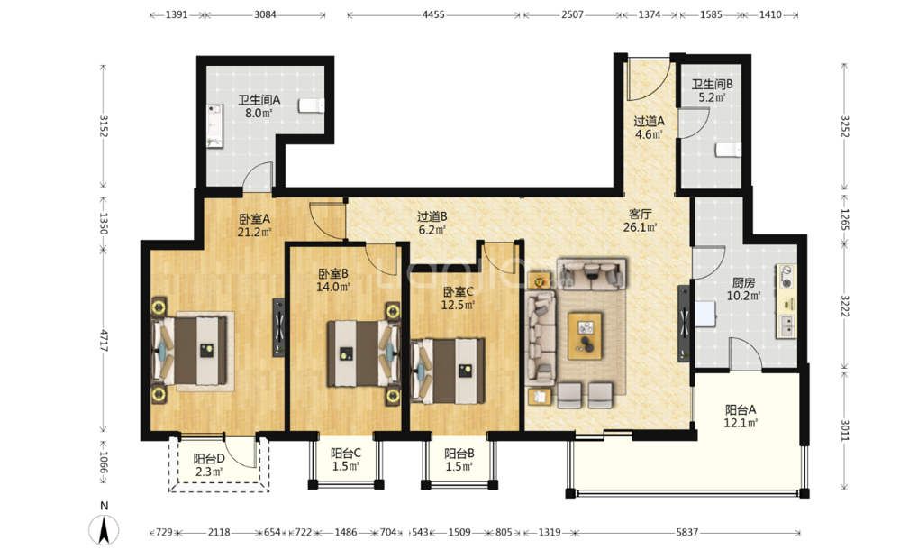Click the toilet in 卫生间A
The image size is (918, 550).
[x=312, y=105]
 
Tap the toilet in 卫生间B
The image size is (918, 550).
[x=728, y=150]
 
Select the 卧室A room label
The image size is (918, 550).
[x=255, y=219]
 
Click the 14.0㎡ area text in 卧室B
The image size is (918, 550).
[x=333, y=287]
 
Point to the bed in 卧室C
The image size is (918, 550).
[x=449, y=371]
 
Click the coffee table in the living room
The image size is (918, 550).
[x=585, y=335]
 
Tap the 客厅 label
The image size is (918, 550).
[x=640, y=214]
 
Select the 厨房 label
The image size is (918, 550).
[x=743, y=282]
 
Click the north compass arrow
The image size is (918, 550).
[x=105, y=529]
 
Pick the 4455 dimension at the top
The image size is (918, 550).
[x=433, y=14]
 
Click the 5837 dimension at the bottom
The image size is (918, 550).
[x=686, y=533]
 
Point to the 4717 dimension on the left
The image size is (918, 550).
[x=104, y=341]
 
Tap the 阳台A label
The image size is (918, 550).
[x=741, y=410]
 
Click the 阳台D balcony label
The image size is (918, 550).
[x=209, y=459]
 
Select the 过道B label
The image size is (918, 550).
[x=432, y=216]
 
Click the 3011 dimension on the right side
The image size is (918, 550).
[x=845, y=430]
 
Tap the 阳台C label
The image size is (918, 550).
[x=345, y=453]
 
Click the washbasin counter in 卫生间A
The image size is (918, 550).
[x=215, y=125]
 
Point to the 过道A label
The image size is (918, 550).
[x=650, y=121]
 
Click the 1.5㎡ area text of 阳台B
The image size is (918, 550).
[x=459, y=467]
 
